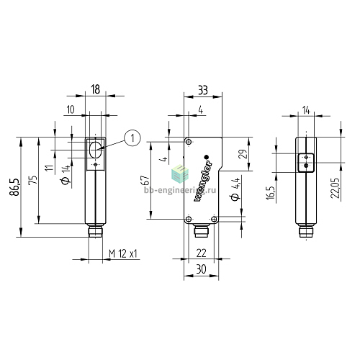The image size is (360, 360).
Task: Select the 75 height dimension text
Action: tap(33, 180)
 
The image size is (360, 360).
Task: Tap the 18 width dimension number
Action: tap(95, 89)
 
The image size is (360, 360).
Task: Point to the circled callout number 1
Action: tap(132, 138)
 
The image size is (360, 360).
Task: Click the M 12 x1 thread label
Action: tap(123, 253)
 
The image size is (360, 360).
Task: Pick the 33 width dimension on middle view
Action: tap(203, 91)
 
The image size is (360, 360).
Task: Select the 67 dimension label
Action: tap(145, 180)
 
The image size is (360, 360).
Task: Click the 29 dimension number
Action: tap(243, 154)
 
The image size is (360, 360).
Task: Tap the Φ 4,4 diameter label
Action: tap(235, 189)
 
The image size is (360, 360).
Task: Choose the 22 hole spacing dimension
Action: tap(201, 253)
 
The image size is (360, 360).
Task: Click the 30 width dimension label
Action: tap(201, 269)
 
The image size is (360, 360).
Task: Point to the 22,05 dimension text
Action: tap(336, 188)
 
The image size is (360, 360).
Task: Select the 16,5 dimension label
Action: tap(271, 192)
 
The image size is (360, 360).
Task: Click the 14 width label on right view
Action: tap(306, 110)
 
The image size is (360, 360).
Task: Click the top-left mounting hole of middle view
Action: tap(189, 142)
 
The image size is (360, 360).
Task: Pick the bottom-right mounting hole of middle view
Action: tap(214, 219)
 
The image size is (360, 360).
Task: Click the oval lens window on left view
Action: tap(96, 150)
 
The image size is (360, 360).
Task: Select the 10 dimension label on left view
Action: tap(71, 109)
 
